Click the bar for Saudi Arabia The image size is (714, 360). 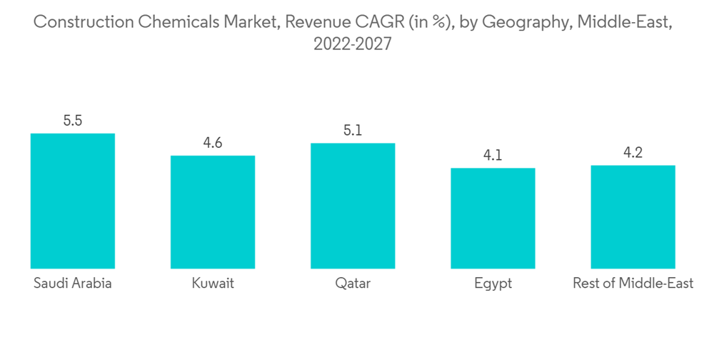[72, 201]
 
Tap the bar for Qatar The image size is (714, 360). [353, 206]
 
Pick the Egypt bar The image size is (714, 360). [493, 218]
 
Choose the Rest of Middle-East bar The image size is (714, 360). [633, 216]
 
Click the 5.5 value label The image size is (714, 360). [73, 121]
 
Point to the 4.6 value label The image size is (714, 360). [213, 143]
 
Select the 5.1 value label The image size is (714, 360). [353, 131]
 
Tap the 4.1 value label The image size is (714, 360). [493, 155]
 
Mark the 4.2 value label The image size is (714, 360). [633, 152]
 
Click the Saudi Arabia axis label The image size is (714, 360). [73, 284]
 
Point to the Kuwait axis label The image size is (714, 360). [213, 284]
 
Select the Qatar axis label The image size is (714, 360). [353, 284]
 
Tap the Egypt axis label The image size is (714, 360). [493, 284]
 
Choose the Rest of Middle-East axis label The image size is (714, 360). [633, 284]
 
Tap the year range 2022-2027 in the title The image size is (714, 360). [353, 44]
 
